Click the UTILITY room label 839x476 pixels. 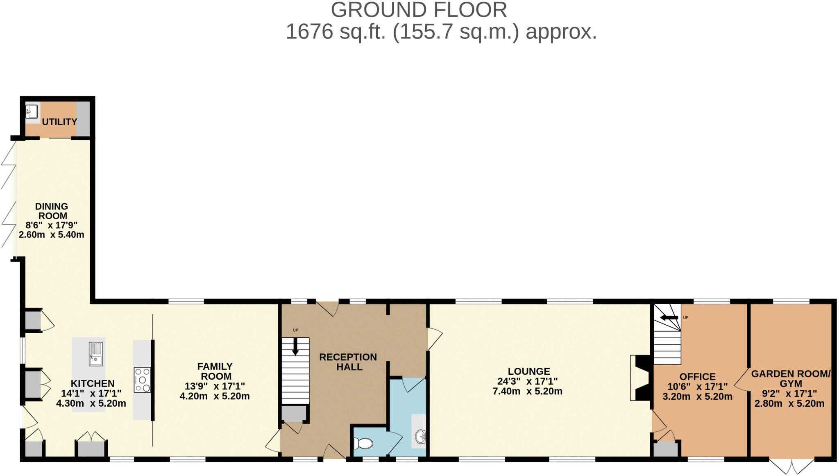[59, 122]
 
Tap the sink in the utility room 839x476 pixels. [32, 111]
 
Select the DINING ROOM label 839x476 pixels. [52, 211]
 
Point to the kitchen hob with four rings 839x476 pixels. [142, 380]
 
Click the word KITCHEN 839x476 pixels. [93, 384]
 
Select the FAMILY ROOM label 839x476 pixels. [215, 371]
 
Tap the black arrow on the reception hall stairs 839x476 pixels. [295, 347]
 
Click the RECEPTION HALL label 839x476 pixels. [348, 362]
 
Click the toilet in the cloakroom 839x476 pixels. [363, 443]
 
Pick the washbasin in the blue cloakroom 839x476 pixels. [420, 437]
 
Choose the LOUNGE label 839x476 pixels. [528, 371]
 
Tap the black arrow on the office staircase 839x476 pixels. [669, 317]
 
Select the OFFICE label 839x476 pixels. [697, 377]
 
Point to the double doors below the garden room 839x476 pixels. [791, 466]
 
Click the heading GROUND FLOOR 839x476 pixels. [419, 10]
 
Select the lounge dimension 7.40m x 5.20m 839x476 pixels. [527, 392]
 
